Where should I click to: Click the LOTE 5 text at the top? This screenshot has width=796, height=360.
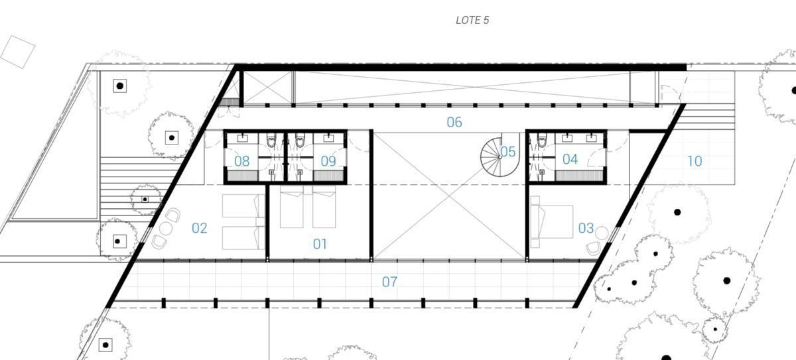472,21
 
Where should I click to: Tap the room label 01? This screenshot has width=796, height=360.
320,244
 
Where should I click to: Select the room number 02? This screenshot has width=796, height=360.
199,228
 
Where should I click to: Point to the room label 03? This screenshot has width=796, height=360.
586,228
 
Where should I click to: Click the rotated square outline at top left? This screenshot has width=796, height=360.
17,52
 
